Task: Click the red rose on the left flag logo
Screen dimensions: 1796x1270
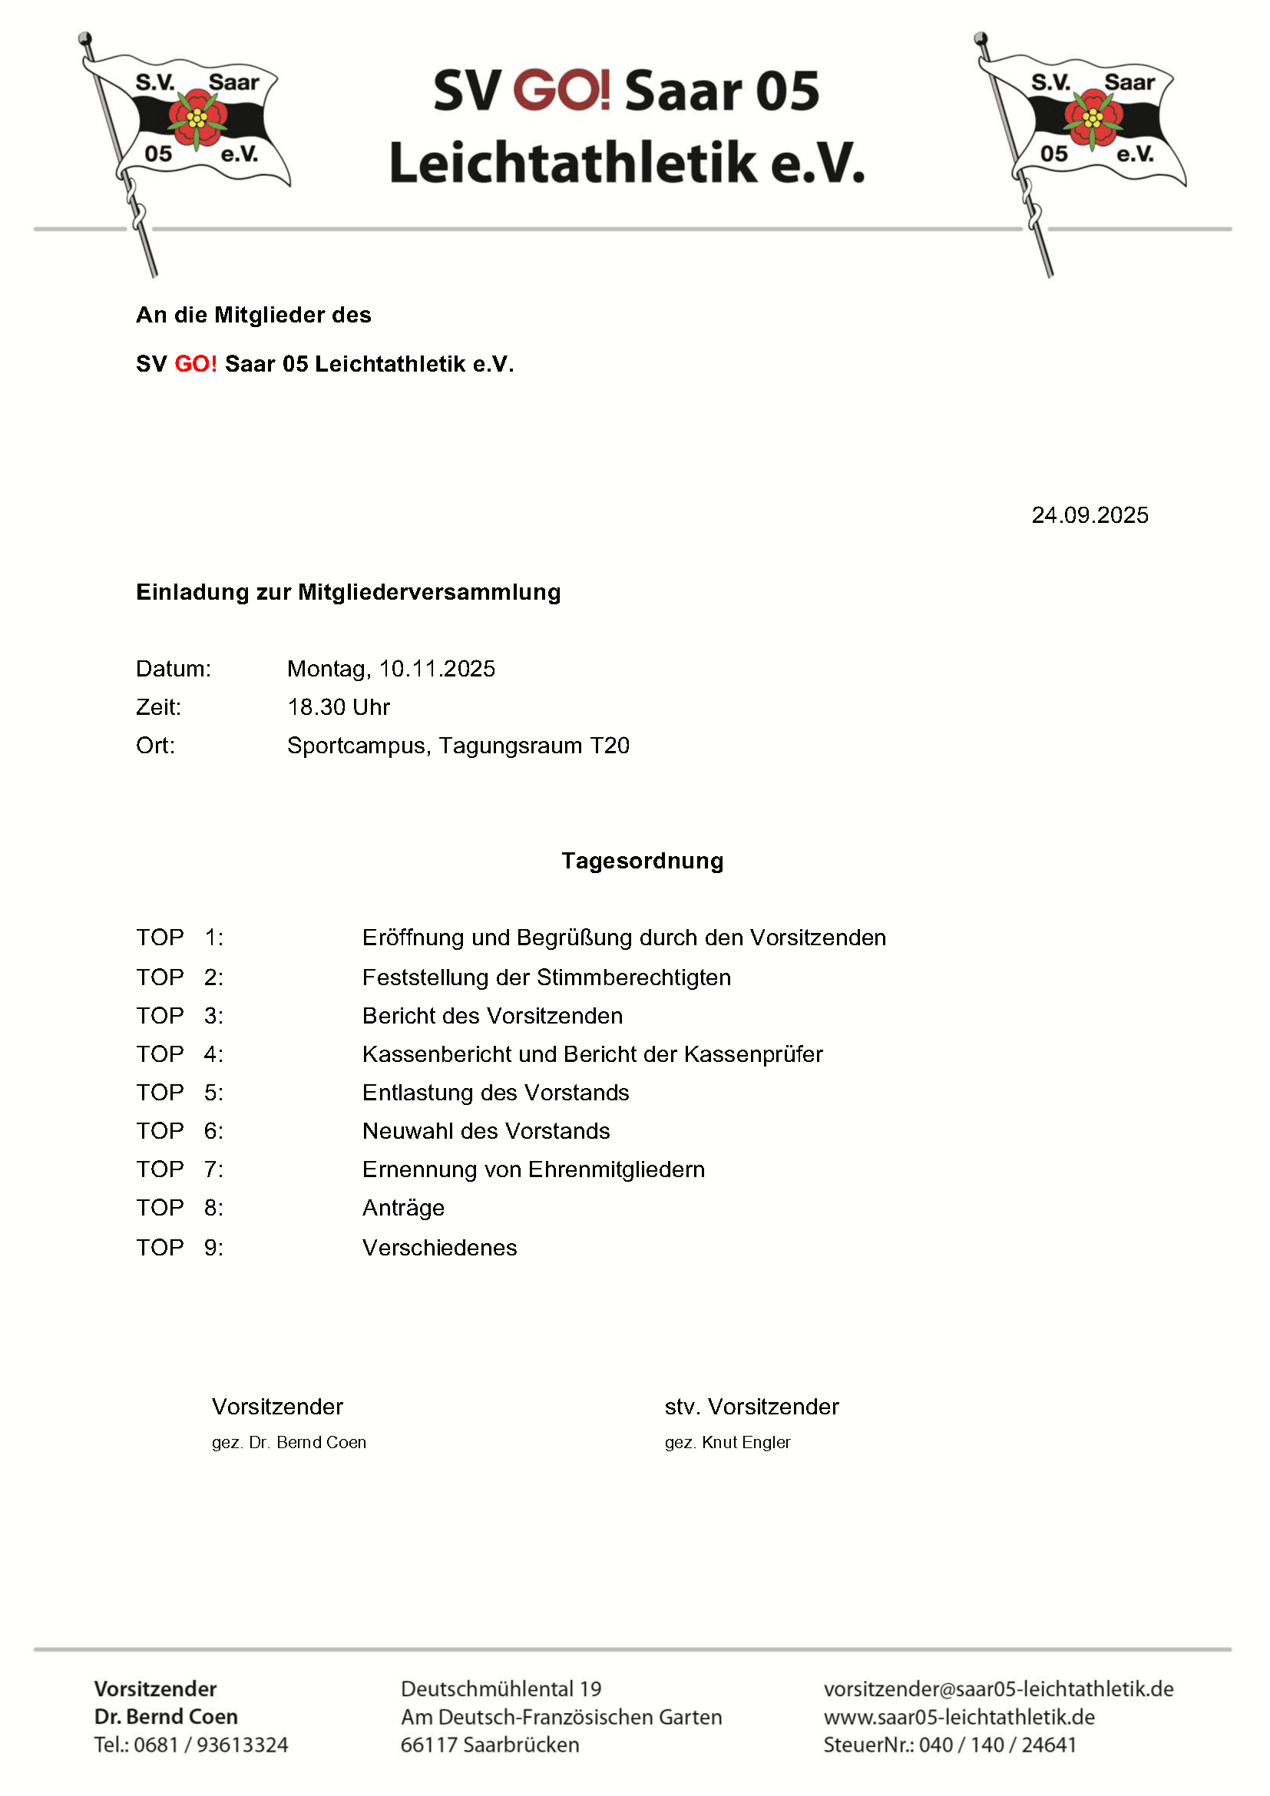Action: [x=198, y=118]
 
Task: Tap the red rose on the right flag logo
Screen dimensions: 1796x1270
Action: [x=1093, y=118]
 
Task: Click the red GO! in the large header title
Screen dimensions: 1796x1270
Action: [x=561, y=90]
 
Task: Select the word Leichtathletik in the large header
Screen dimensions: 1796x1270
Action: [x=574, y=164]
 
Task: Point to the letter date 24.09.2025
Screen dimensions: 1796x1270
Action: [x=1090, y=515]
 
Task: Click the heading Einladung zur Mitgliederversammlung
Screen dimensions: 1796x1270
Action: [x=348, y=592]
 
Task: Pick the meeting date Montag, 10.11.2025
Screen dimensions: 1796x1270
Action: [x=391, y=669]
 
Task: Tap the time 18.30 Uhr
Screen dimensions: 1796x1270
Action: [x=338, y=707]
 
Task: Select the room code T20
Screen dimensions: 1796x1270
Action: [x=609, y=746]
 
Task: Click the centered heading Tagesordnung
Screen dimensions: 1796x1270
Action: [x=642, y=861]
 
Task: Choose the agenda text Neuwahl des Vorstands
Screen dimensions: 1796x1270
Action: [x=485, y=1131]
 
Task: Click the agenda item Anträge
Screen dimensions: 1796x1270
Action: [x=403, y=1208]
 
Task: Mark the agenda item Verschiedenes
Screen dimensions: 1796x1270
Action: [x=439, y=1247]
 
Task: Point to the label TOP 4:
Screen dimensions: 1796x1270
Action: [x=180, y=1054]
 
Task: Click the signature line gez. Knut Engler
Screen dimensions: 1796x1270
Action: [x=727, y=1443]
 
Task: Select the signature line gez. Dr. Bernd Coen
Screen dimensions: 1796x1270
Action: [x=289, y=1443]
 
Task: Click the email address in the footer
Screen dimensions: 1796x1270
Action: [x=998, y=1689]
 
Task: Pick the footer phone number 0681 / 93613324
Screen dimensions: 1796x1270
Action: [x=210, y=1745]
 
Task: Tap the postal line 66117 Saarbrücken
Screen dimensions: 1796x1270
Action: [x=490, y=1745]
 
